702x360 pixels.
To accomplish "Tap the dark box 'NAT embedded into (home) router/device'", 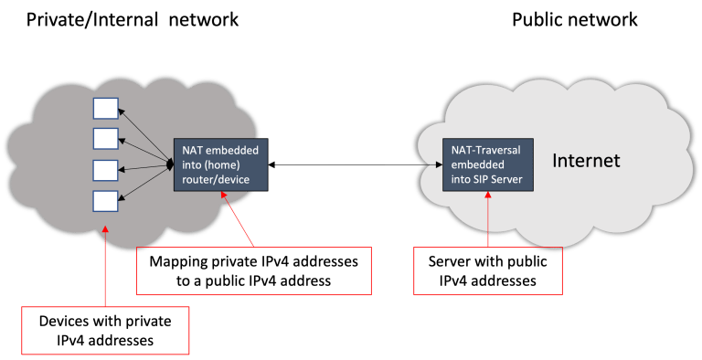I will coord(221,164).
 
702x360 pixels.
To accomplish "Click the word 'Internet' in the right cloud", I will coord(586,162).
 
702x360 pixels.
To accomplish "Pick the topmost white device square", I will coord(106,109).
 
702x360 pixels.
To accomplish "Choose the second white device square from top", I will coord(106,139).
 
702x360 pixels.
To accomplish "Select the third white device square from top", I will coord(106,170).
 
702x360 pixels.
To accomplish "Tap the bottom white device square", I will coord(106,200).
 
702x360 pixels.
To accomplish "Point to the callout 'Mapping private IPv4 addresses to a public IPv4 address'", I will coord(253,270).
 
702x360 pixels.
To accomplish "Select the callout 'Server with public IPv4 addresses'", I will coord(486,270).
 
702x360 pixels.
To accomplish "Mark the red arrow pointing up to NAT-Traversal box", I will coord(488,219).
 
